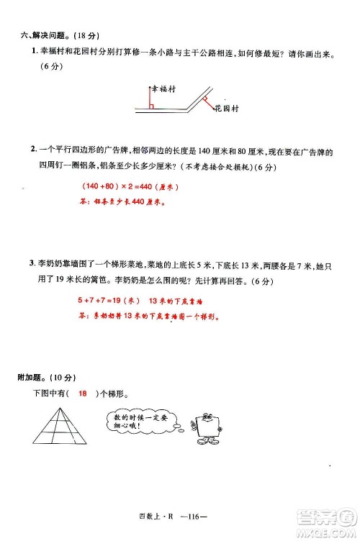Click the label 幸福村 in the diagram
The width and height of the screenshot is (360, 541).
(166, 86)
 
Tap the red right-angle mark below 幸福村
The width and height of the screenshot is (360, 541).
(153, 106)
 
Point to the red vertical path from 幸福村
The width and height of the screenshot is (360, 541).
(150, 97)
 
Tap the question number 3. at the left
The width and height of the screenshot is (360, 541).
(33, 262)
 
